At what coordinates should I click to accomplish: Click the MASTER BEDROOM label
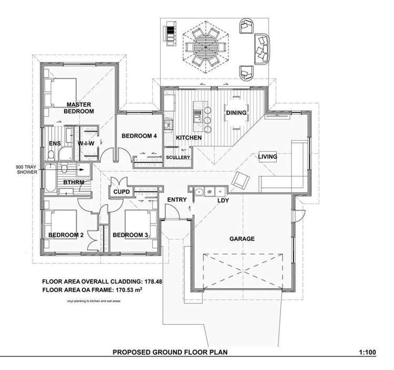(x=79, y=108)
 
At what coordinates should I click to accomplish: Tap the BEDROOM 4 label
(x=139, y=136)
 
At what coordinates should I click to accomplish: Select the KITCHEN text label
(x=189, y=138)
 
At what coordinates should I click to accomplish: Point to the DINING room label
(x=236, y=113)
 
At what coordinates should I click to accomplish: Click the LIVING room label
(x=267, y=156)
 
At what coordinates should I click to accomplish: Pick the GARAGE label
(x=242, y=239)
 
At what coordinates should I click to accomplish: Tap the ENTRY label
(x=177, y=200)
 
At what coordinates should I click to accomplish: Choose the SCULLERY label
(x=177, y=157)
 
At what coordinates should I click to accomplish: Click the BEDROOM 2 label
(x=66, y=235)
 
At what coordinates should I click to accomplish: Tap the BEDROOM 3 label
(x=130, y=235)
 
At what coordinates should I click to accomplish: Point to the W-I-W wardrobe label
(x=86, y=143)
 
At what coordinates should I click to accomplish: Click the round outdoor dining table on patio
(x=205, y=45)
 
